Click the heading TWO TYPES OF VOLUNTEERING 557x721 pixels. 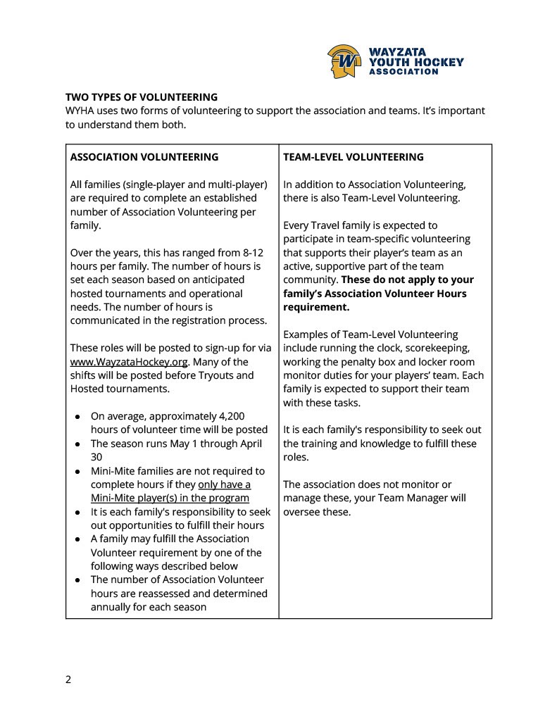coord(142,97)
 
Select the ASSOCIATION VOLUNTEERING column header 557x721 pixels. coord(144,157)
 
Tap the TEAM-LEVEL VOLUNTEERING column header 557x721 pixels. coord(353,157)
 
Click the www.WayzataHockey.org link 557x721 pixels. coord(129,362)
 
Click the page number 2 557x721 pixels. coord(68,679)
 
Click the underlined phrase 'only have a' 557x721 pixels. coord(224,484)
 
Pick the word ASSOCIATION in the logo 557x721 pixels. coord(404,72)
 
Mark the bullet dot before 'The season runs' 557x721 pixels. coord(77,444)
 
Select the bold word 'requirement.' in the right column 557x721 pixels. coord(316,307)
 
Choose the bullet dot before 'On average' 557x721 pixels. coord(77,417)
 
